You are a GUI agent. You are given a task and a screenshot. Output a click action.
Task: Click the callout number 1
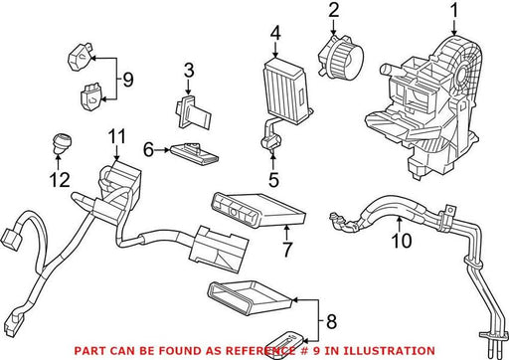454,10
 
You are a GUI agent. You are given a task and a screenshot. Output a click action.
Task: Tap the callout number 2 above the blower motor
334,10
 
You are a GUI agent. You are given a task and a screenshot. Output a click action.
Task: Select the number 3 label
189,71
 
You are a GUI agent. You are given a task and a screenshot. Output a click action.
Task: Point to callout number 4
275,33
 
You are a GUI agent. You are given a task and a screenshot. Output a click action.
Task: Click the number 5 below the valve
273,180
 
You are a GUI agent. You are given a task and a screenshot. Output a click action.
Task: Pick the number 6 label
148,149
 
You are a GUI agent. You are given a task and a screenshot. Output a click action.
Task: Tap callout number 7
287,249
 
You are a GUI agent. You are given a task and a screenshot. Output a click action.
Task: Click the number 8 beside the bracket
331,321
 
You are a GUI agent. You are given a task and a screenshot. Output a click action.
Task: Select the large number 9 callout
128,80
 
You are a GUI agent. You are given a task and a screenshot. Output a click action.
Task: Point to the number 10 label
402,241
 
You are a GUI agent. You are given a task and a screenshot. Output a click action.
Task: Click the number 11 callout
117,136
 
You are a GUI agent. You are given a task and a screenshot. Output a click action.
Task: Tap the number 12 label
60,180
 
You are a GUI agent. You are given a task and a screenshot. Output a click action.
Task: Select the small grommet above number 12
62,143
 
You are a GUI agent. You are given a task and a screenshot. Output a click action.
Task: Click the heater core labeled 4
287,87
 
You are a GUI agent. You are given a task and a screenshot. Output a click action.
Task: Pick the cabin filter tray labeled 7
258,210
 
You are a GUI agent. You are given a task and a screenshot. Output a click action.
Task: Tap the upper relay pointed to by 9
81,58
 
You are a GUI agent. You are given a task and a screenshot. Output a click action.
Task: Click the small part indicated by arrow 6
194,153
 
